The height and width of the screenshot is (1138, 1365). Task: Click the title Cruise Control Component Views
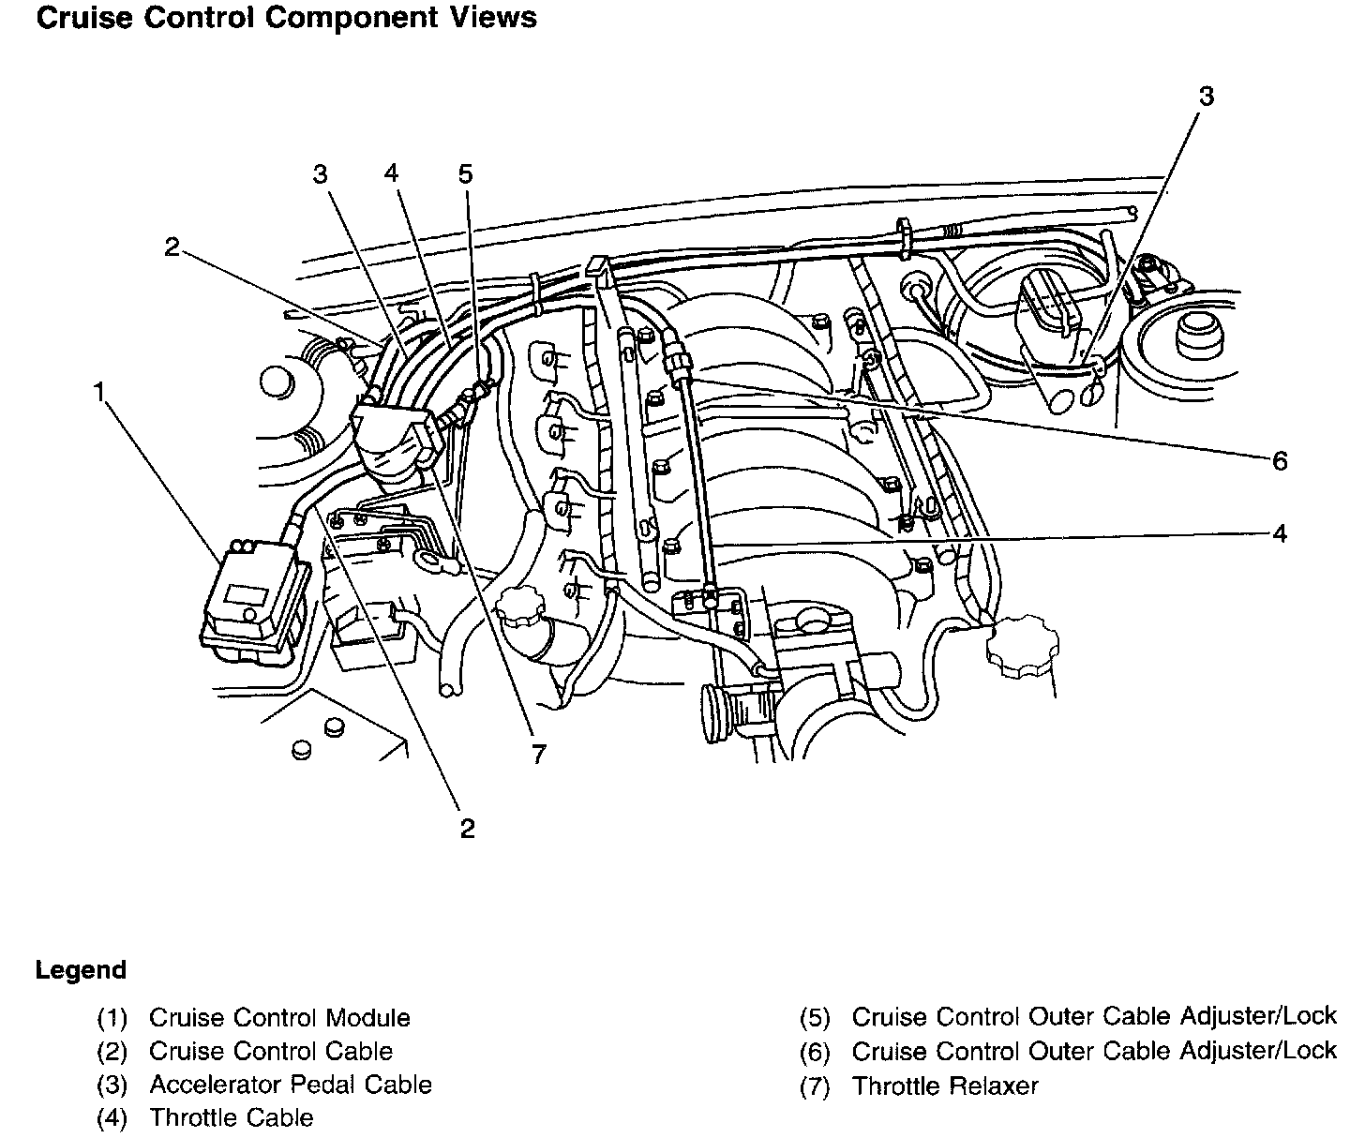286,18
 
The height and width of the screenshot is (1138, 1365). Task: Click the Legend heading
81,970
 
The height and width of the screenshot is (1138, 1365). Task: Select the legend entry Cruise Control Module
279,1018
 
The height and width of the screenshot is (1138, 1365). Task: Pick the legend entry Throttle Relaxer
945,1086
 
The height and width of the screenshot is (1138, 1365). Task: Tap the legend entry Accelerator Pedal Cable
291,1085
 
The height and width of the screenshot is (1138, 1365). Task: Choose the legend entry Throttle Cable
232,1117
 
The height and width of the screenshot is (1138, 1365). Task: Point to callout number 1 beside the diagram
98,392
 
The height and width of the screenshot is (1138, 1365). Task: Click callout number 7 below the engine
538,755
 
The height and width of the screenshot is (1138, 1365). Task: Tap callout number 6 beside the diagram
1280,461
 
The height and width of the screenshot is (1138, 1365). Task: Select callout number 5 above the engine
465,174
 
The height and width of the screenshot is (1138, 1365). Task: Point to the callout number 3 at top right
1207,97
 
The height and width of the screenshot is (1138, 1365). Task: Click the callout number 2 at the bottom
467,829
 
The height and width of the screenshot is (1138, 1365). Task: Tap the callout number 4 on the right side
1280,533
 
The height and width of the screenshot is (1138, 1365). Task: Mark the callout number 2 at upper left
172,247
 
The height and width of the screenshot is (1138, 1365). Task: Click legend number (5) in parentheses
815,1018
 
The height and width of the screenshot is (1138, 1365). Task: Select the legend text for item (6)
1094,1051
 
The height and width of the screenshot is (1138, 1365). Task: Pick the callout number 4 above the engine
391,173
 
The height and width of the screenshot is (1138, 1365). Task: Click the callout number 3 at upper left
320,174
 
